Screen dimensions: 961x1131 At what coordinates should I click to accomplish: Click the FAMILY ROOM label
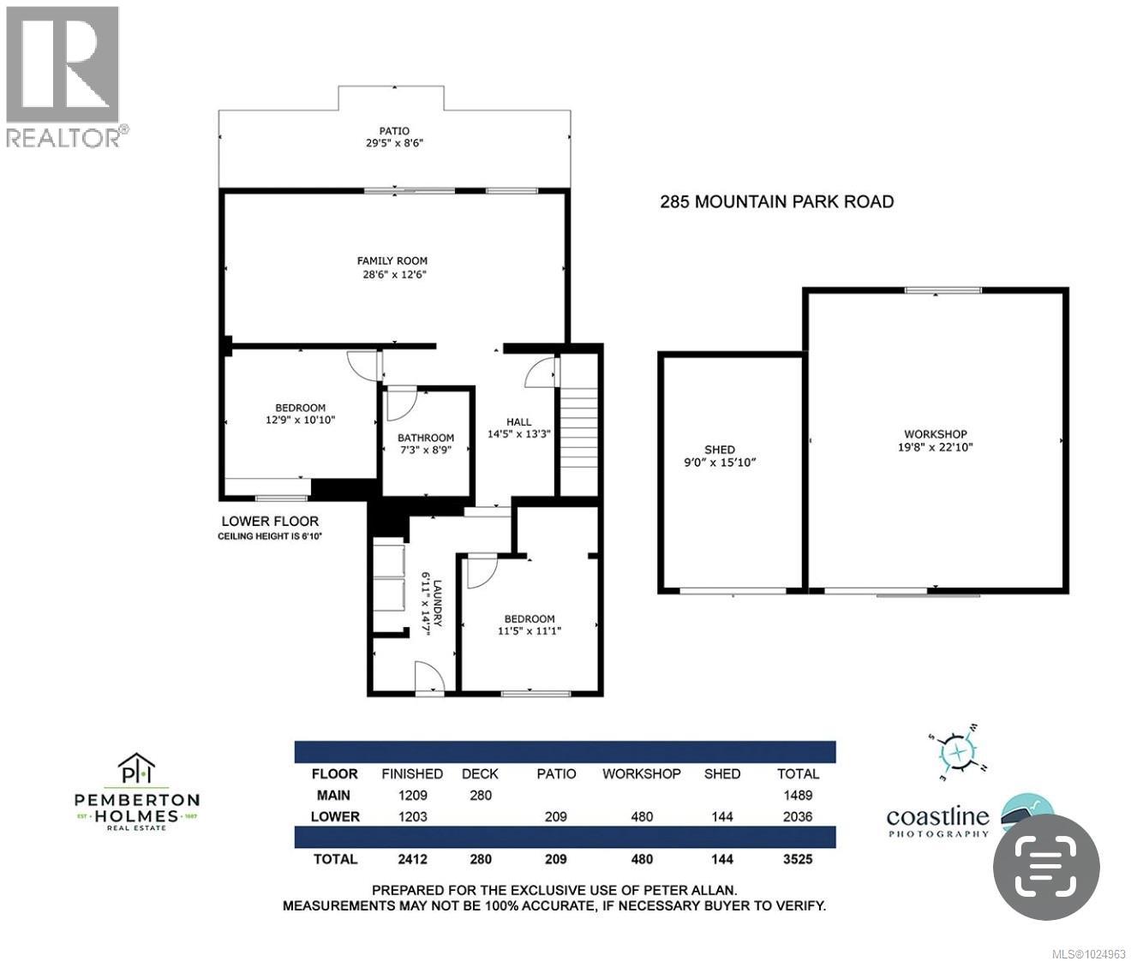392,261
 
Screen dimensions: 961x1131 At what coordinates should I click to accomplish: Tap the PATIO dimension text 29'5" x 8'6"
394,144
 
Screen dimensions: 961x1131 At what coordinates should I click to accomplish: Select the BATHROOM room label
426,438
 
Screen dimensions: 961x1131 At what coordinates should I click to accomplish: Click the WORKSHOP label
935,434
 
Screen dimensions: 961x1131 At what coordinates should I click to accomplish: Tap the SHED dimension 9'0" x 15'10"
720,463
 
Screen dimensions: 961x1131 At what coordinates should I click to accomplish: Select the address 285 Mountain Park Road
776,202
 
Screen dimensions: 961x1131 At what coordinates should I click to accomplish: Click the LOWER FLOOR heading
270,521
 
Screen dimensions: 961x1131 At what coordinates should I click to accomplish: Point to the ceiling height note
270,537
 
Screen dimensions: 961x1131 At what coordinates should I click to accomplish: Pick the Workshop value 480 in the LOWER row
641,816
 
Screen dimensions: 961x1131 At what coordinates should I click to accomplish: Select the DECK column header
480,773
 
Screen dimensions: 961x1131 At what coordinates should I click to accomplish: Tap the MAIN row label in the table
334,795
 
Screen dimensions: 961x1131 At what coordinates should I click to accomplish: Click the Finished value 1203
412,816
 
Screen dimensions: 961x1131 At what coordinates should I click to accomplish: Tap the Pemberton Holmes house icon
137,767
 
